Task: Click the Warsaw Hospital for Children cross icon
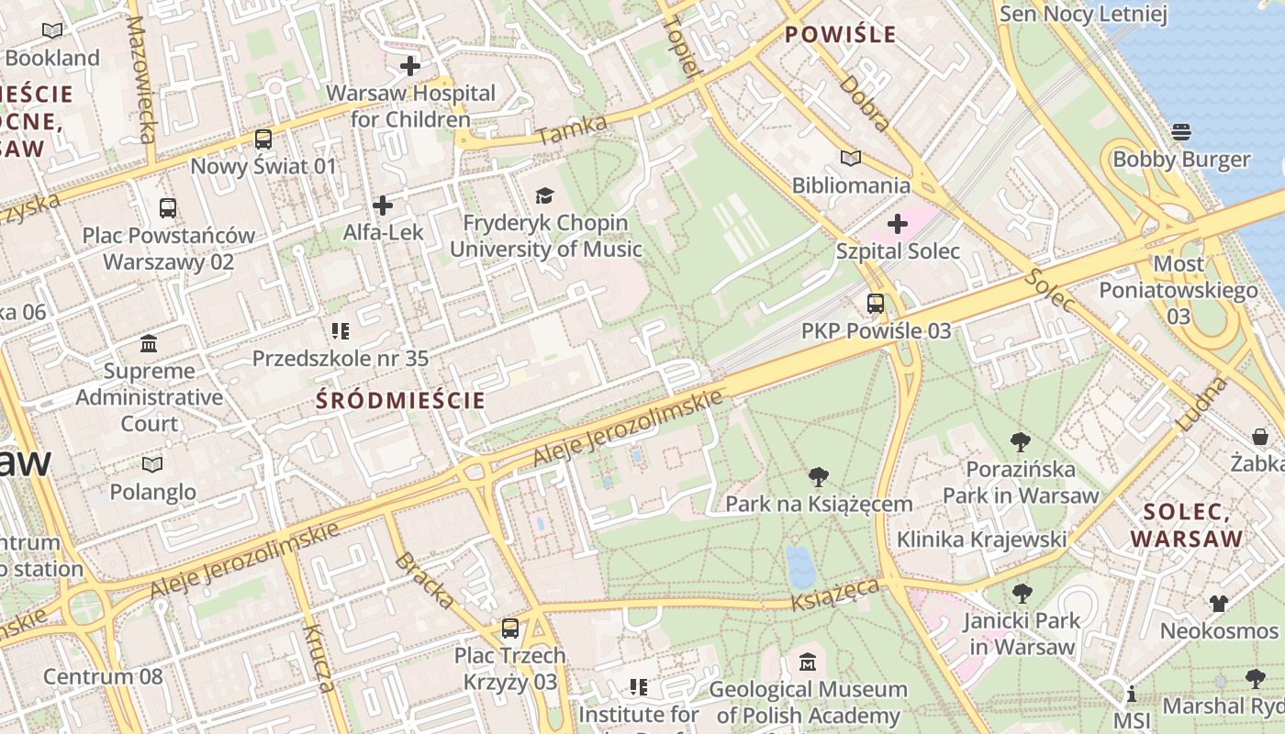pos(410,66)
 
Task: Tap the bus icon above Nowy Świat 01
pos(263,139)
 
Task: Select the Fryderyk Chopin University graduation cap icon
pos(545,195)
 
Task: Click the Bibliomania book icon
pos(851,159)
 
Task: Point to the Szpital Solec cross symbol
pos(898,224)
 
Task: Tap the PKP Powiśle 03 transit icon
pos(876,304)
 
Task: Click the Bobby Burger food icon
pos(1181,132)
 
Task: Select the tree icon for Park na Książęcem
pos(818,477)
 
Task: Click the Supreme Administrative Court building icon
pos(149,344)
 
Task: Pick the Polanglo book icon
pos(152,465)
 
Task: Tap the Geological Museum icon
pos(808,662)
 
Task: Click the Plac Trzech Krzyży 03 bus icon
pos(509,628)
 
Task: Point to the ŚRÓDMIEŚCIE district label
pos(400,400)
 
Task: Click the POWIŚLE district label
pos(840,35)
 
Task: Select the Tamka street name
pos(572,130)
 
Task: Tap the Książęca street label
pos(835,594)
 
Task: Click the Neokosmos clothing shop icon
pos(1218,604)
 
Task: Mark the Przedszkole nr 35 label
pos(341,358)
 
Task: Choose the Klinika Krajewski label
pos(981,539)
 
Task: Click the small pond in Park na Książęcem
pos(800,567)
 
